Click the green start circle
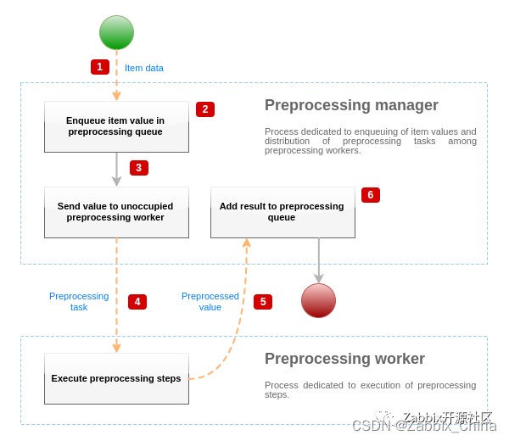[116, 33]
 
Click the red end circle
[318, 300]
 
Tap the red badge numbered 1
[100, 67]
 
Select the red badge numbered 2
[205, 109]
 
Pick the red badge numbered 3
[139, 168]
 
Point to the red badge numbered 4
[137, 302]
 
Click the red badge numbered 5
[263, 302]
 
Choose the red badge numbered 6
[371, 195]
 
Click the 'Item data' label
[144, 68]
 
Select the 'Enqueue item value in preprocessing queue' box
[116, 127]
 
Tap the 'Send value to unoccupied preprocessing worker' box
[116, 212]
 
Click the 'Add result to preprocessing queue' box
[282, 212]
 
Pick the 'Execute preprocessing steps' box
[116, 378]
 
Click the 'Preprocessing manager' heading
[351, 105]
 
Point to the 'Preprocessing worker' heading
[344, 359]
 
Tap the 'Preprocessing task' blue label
[79, 302]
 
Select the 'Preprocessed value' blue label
[210, 302]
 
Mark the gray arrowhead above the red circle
[318, 277]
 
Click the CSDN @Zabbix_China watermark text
[423, 426]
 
